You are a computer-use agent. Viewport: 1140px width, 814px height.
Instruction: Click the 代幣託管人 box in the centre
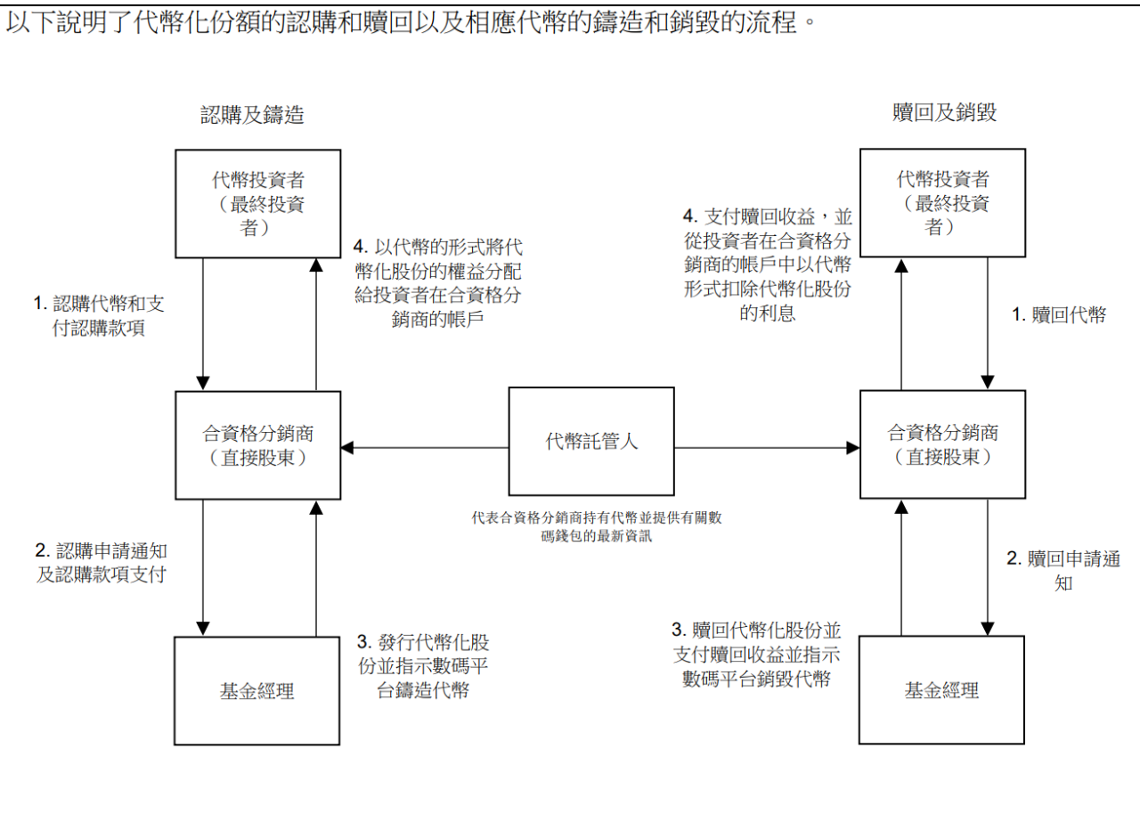pyautogui.click(x=591, y=441)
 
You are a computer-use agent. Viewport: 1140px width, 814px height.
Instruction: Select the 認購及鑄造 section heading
pyautogui.click(x=252, y=114)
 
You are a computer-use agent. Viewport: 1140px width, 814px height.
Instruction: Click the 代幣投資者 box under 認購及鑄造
pyautogui.click(x=257, y=203)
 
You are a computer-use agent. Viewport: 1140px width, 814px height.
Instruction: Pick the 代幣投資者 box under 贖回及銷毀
pyautogui.click(x=942, y=202)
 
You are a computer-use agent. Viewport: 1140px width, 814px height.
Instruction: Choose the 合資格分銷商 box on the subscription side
pyautogui.click(x=257, y=445)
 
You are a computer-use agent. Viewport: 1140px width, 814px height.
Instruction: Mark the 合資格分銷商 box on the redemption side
pyautogui.click(x=942, y=444)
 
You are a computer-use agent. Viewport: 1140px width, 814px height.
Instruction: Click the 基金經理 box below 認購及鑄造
pyautogui.click(x=257, y=690)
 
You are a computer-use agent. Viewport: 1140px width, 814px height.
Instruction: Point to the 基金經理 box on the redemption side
pyautogui.click(x=941, y=689)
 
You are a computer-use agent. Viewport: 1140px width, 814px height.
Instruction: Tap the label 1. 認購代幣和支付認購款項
pyautogui.click(x=99, y=315)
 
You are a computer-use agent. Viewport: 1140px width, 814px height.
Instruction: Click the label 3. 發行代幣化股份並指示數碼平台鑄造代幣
pyautogui.click(x=422, y=666)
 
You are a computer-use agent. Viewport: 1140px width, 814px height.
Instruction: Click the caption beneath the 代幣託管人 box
pyautogui.click(x=597, y=526)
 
